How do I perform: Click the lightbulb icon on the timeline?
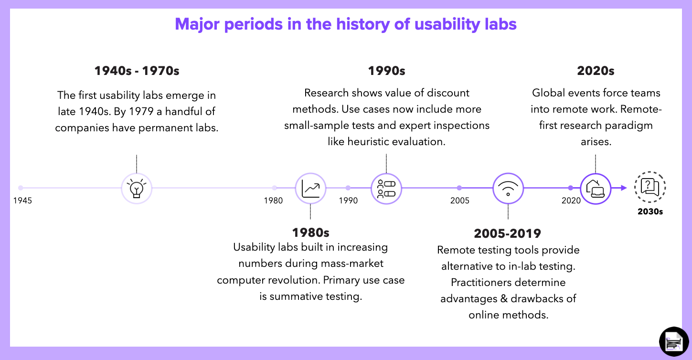tap(137, 188)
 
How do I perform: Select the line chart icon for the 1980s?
tap(310, 188)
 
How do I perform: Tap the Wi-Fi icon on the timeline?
tap(508, 188)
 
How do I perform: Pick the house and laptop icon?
tap(595, 188)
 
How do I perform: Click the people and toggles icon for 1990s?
tap(386, 188)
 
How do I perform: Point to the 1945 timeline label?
tap(23, 201)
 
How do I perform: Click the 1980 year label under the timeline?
tap(273, 201)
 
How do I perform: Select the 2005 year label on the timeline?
tap(459, 201)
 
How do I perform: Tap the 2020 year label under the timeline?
tap(571, 201)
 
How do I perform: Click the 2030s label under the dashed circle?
tap(650, 211)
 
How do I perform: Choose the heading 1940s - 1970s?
tap(137, 71)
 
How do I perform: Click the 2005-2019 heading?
tap(507, 233)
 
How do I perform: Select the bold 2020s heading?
tap(595, 71)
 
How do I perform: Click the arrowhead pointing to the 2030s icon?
tap(623, 188)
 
